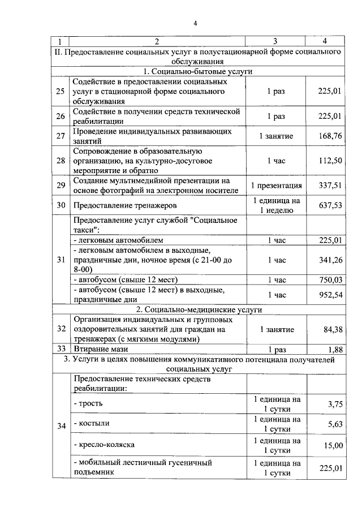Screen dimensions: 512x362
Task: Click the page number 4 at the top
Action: [x=195, y=23]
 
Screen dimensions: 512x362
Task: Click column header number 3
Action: [x=275, y=41]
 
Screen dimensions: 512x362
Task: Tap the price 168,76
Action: [x=330, y=136]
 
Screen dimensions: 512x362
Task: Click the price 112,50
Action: [x=330, y=160]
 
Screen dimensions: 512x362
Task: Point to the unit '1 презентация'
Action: [x=276, y=185]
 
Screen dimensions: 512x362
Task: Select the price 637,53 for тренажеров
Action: [x=330, y=205]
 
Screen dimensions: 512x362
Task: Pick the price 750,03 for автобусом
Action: [x=330, y=279]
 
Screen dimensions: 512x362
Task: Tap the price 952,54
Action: [x=330, y=295]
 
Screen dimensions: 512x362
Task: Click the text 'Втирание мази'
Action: [x=98, y=349]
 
